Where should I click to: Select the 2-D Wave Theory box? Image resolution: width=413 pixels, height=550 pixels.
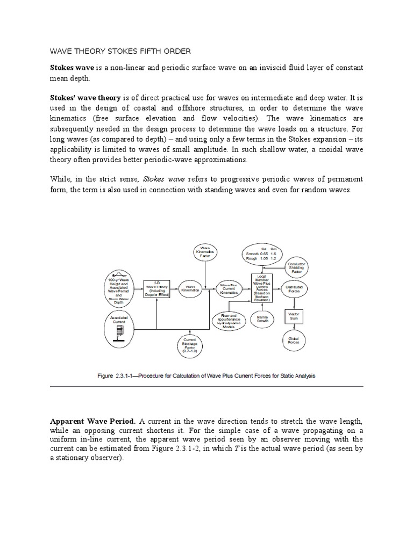[156, 288]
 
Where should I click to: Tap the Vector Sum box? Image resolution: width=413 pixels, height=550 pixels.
[294, 316]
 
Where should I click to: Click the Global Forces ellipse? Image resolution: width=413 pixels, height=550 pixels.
[294, 339]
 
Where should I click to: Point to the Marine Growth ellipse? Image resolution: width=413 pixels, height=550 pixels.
[263, 319]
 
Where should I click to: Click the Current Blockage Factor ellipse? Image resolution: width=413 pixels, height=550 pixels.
[191, 346]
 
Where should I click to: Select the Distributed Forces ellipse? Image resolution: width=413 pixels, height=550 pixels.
[294, 289]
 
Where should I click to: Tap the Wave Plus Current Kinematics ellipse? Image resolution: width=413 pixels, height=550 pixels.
[230, 288]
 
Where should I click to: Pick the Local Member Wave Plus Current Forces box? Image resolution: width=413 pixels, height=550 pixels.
[263, 288]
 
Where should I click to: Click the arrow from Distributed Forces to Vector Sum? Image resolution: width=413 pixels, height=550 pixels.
[294, 303]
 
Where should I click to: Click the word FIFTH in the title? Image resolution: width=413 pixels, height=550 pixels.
[148, 50]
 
